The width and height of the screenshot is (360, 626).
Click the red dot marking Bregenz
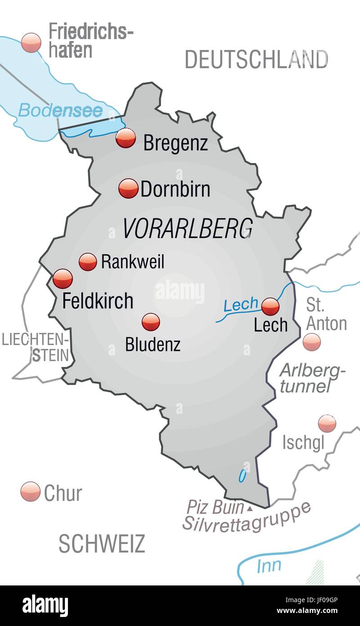(126, 138)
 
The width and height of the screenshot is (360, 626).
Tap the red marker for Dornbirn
(128, 188)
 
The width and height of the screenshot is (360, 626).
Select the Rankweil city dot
(88, 261)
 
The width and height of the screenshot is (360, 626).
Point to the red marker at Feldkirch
(63, 279)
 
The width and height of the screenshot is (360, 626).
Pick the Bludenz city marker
(150, 322)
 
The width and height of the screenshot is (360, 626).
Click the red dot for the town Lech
(270, 306)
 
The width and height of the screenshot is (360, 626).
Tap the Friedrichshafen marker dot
(31, 42)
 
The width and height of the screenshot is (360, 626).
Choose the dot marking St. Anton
(311, 342)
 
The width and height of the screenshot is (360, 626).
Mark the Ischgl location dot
(327, 423)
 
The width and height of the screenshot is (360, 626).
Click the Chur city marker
(31, 491)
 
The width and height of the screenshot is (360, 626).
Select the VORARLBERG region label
(187, 228)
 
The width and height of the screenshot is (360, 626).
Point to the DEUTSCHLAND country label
(256, 59)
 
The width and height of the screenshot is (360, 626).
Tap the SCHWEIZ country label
(102, 544)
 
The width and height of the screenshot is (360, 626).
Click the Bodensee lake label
(60, 110)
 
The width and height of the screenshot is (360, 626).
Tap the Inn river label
(269, 566)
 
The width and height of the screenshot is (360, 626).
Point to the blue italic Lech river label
(241, 305)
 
